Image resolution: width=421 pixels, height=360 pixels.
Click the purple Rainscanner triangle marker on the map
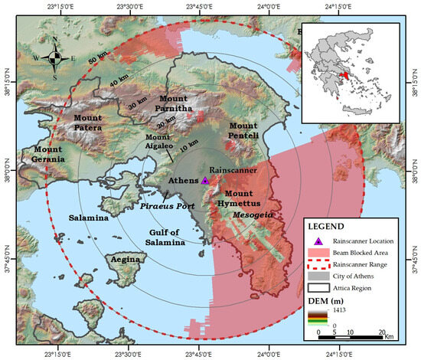[x=204, y=180]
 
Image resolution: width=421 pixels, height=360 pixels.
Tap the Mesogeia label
[x=253, y=217]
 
